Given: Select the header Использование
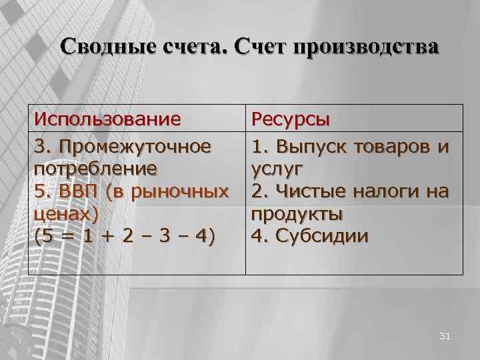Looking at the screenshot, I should tap(107, 119).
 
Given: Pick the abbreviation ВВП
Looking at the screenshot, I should tap(75, 191).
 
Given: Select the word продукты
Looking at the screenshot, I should tap(297, 215).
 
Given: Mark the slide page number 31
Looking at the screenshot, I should tap(445, 337).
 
